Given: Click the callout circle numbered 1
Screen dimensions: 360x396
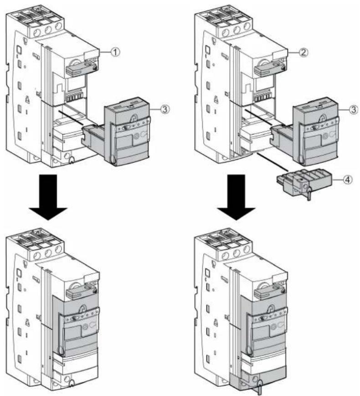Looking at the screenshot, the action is (x=115, y=52).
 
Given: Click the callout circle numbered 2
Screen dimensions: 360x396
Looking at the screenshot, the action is (x=303, y=52).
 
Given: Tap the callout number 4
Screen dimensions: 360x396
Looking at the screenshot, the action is (x=348, y=180).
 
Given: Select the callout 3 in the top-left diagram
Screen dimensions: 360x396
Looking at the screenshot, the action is (x=165, y=109).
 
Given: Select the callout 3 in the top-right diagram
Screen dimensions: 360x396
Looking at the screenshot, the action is (x=354, y=109).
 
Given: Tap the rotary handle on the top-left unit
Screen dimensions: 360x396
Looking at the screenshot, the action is (x=81, y=68).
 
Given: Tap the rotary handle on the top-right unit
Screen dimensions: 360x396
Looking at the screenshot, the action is (x=270, y=68).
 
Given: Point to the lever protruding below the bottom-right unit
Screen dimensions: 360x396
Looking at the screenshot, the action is (x=258, y=388).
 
